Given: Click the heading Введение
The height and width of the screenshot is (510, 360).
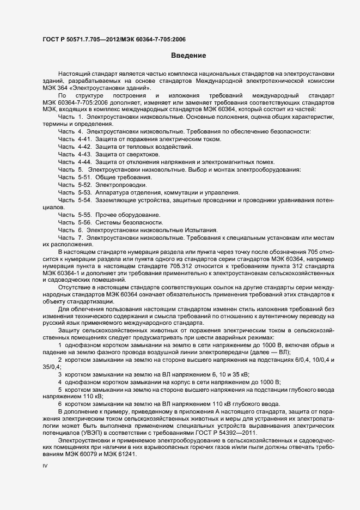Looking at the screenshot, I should point(188,56).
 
